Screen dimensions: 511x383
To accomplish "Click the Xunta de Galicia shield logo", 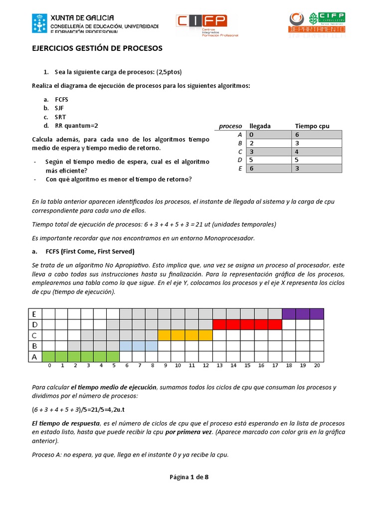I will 40,23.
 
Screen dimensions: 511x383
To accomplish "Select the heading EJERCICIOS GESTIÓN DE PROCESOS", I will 97,48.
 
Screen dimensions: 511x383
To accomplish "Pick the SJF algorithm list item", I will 59,108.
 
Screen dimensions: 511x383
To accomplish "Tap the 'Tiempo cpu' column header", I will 312,126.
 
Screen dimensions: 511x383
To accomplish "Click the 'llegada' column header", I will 260,126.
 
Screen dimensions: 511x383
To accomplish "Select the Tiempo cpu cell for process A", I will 317,135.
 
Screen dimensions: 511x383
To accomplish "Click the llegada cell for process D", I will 269,160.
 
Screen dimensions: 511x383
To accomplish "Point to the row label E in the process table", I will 240,169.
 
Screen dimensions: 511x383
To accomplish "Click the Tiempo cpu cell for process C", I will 317,152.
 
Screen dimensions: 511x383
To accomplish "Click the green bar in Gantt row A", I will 80,356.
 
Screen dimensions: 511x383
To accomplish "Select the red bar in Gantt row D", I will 247,324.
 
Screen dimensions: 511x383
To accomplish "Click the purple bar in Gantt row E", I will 303,314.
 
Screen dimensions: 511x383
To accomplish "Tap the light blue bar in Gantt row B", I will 139,345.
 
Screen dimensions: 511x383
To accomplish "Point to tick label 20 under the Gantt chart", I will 317,366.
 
